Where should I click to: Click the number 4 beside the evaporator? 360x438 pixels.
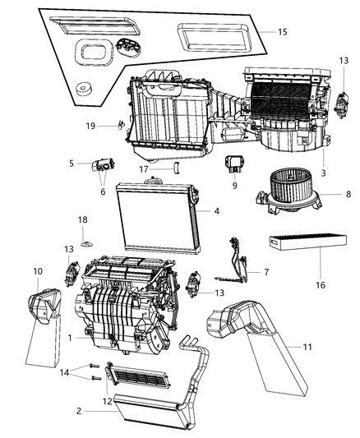click(x=217, y=212)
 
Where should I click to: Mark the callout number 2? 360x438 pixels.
click(x=79, y=411)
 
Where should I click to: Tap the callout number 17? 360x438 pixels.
click(x=144, y=169)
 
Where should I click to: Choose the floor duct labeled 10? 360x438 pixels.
click(x=44, y=307)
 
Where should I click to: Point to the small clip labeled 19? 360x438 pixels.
click(x=120, y=125)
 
